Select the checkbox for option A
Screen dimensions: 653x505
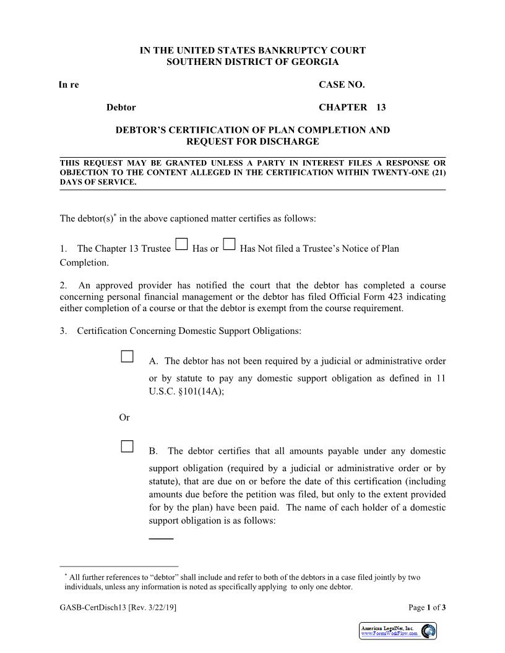point(127,356)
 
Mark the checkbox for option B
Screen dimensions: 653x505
point(127,446)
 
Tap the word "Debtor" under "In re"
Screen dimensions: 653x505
point(121,108)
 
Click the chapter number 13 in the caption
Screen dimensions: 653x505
point(381,108)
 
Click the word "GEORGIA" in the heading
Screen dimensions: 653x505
point(314,62)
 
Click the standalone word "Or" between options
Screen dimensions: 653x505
point(124,418)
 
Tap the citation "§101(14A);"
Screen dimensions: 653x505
point(202,391)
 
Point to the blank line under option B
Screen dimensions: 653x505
point(161,539)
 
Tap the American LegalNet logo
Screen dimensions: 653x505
point(398,631)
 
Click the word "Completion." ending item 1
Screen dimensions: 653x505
point(84,262)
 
